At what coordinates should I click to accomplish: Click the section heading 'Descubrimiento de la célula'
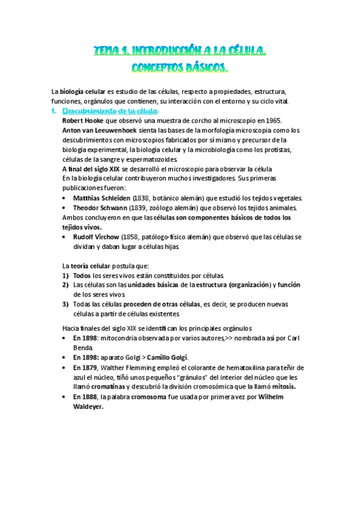coord(110,111)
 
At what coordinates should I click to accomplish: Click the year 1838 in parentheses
coord(141,198)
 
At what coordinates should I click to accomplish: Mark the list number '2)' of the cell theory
coord(66,285)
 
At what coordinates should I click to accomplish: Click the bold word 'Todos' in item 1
coord(83,275)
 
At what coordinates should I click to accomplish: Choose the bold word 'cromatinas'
coord(107,386)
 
